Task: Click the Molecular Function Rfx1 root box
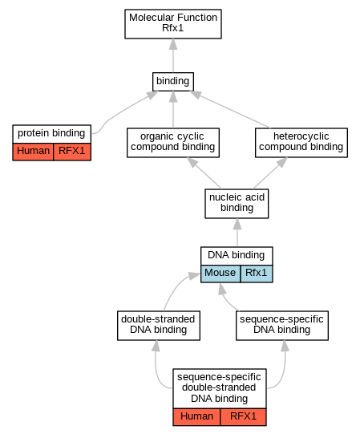173,24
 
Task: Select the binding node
173,82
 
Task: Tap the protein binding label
51,133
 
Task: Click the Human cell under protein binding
33,152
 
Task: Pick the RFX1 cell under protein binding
72,152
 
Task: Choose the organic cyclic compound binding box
173,143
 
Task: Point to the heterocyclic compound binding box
301,143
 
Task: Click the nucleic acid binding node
237,204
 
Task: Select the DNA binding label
237,255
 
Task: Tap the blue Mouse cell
220,274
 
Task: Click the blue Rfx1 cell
257,274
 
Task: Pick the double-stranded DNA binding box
159,326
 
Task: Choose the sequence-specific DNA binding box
282,326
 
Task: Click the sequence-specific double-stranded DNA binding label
219,387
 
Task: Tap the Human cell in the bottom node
196,416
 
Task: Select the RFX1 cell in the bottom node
244,416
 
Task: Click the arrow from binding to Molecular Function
173,55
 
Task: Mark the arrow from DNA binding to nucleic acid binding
237,233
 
